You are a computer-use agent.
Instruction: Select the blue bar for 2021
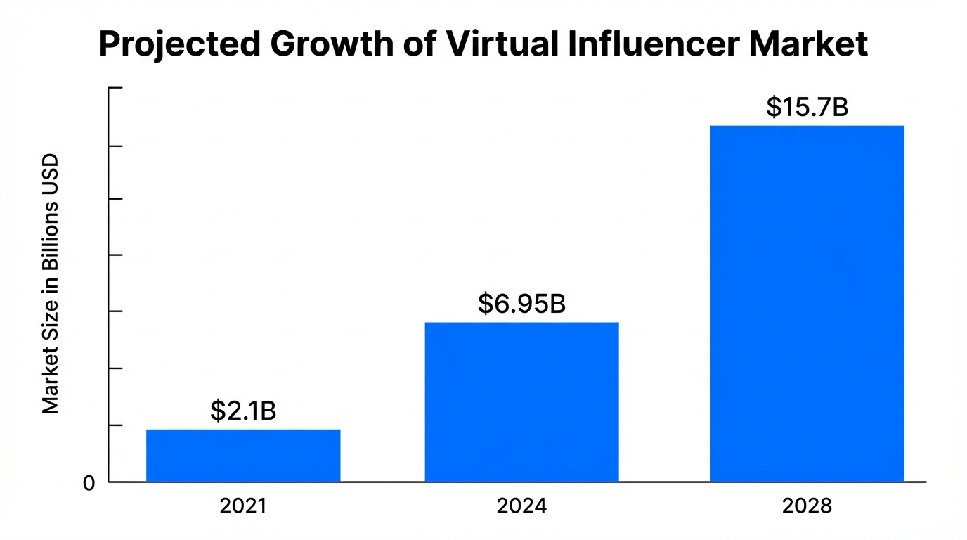click(243, 455)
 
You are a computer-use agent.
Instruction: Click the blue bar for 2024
click(521, 401)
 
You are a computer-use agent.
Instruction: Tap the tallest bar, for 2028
click(807, 303)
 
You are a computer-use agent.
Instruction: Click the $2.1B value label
click(243, 411)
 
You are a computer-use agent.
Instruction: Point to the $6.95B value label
click(521, 304)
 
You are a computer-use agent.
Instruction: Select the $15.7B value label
click(807, 108)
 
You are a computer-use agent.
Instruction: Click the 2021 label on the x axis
click(243, 506)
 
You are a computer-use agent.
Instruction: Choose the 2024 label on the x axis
click(521, 506)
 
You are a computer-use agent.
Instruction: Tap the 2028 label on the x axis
click(807, 506)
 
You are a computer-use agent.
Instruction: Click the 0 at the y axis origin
click(89, 484)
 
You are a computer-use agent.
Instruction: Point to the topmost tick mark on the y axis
click(115, 89)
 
